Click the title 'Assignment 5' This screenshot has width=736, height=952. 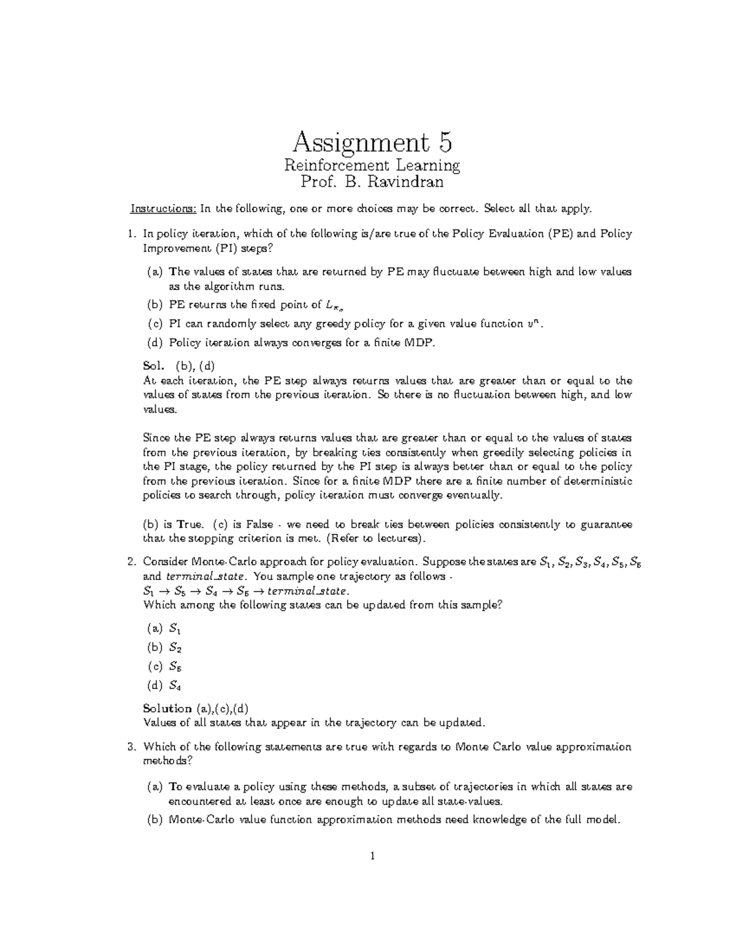click(372, 143)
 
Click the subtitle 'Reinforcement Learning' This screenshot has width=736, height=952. click(372, 166)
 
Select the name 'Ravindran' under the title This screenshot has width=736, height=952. click(403, 182)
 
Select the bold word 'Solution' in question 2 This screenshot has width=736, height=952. click(167, 708)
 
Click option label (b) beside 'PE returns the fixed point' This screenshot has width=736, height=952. click(155, 304)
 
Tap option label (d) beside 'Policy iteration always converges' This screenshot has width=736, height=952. click(155, 343)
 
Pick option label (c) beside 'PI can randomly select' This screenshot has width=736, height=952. click(155, 324)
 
